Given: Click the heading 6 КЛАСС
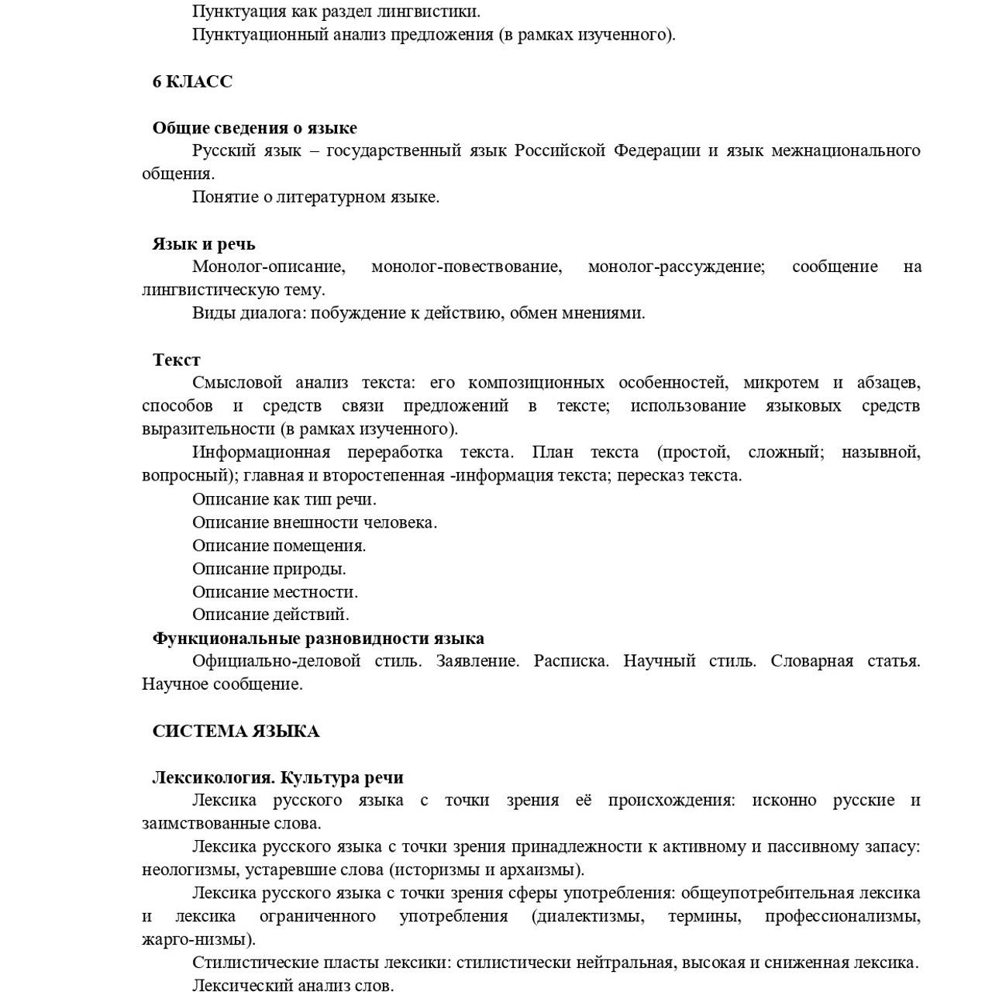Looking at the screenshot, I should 192,81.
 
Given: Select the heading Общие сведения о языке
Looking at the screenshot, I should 254,128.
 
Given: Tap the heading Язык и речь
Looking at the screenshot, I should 203,244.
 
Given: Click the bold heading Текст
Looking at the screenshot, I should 176,360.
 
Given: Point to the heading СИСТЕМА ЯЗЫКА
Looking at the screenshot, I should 236,731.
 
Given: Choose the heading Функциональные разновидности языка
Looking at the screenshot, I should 318,638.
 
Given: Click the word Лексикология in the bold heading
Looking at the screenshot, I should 212,777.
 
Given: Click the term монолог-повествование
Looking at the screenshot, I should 466,267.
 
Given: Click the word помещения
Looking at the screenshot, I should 319,546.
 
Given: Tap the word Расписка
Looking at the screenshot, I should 570,661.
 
